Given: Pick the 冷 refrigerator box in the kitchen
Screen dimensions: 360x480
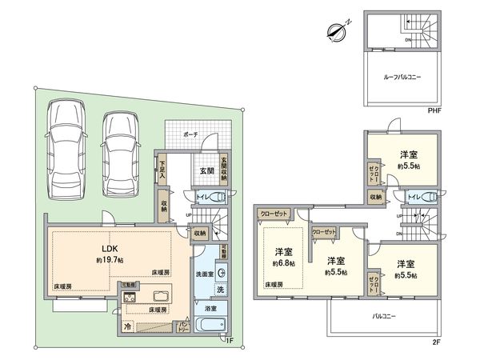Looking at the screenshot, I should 128,326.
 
